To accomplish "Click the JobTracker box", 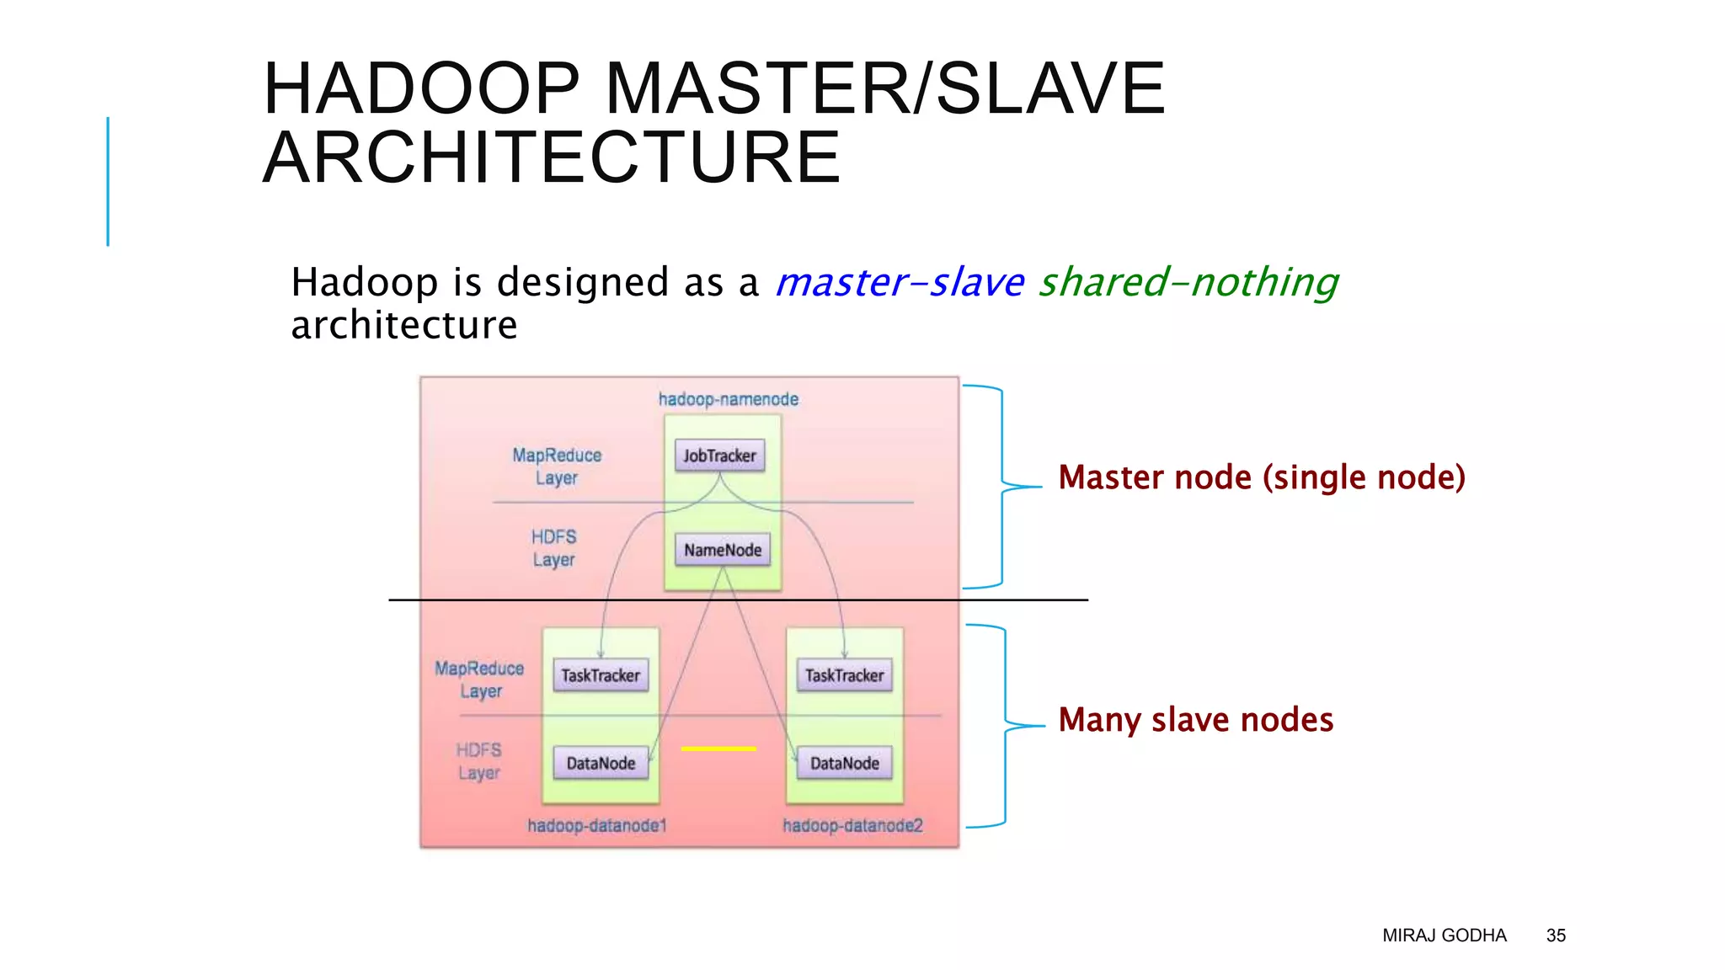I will coord(719,456).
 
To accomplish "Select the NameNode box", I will coord(722,550).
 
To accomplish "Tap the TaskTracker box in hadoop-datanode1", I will coord(601,675).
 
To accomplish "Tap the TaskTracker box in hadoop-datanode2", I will coord(844,675).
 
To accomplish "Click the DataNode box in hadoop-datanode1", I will coord(601,763).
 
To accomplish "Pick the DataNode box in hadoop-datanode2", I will coord(844,763).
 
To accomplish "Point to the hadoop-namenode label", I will coord(728,399).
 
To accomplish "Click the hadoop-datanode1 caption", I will coord(596,825).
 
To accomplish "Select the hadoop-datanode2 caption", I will coord(852,825).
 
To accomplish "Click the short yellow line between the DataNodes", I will coord(718,749).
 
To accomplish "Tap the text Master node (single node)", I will coord(1261,477).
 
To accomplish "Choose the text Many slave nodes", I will coord(1195,720).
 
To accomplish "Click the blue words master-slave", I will coord(899,282).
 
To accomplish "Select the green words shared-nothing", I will coord(1188,282).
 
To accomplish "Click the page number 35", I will coord(1555,935).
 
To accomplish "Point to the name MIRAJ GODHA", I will coord(1444,935).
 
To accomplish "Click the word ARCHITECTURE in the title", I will coord(552,157).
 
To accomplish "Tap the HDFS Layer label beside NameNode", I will coord(553,548).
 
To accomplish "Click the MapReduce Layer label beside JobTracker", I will coord(557,466).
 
